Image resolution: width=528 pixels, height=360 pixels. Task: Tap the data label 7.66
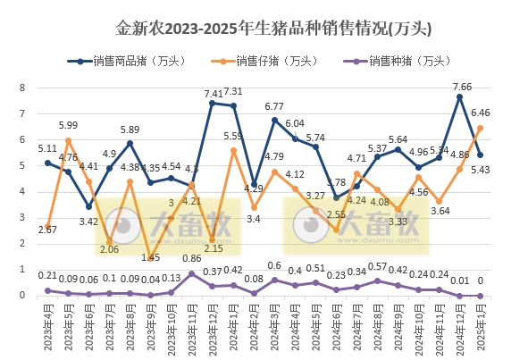point(462,87)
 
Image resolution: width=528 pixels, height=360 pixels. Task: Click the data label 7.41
point(214,93)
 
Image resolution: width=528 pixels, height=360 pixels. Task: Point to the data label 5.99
point(68,125)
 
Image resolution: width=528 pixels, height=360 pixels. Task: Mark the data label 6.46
point(481,113)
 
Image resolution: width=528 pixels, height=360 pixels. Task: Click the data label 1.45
point(150,257)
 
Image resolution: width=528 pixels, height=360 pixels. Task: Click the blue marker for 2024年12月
point(459,97)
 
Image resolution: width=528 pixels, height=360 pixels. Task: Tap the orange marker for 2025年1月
point(480,128)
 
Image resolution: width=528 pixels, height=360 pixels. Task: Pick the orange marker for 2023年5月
point(68,140)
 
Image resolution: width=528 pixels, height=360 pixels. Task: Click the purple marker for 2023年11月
point(192,273)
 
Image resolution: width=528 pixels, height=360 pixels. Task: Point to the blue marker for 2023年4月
point(47,163)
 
